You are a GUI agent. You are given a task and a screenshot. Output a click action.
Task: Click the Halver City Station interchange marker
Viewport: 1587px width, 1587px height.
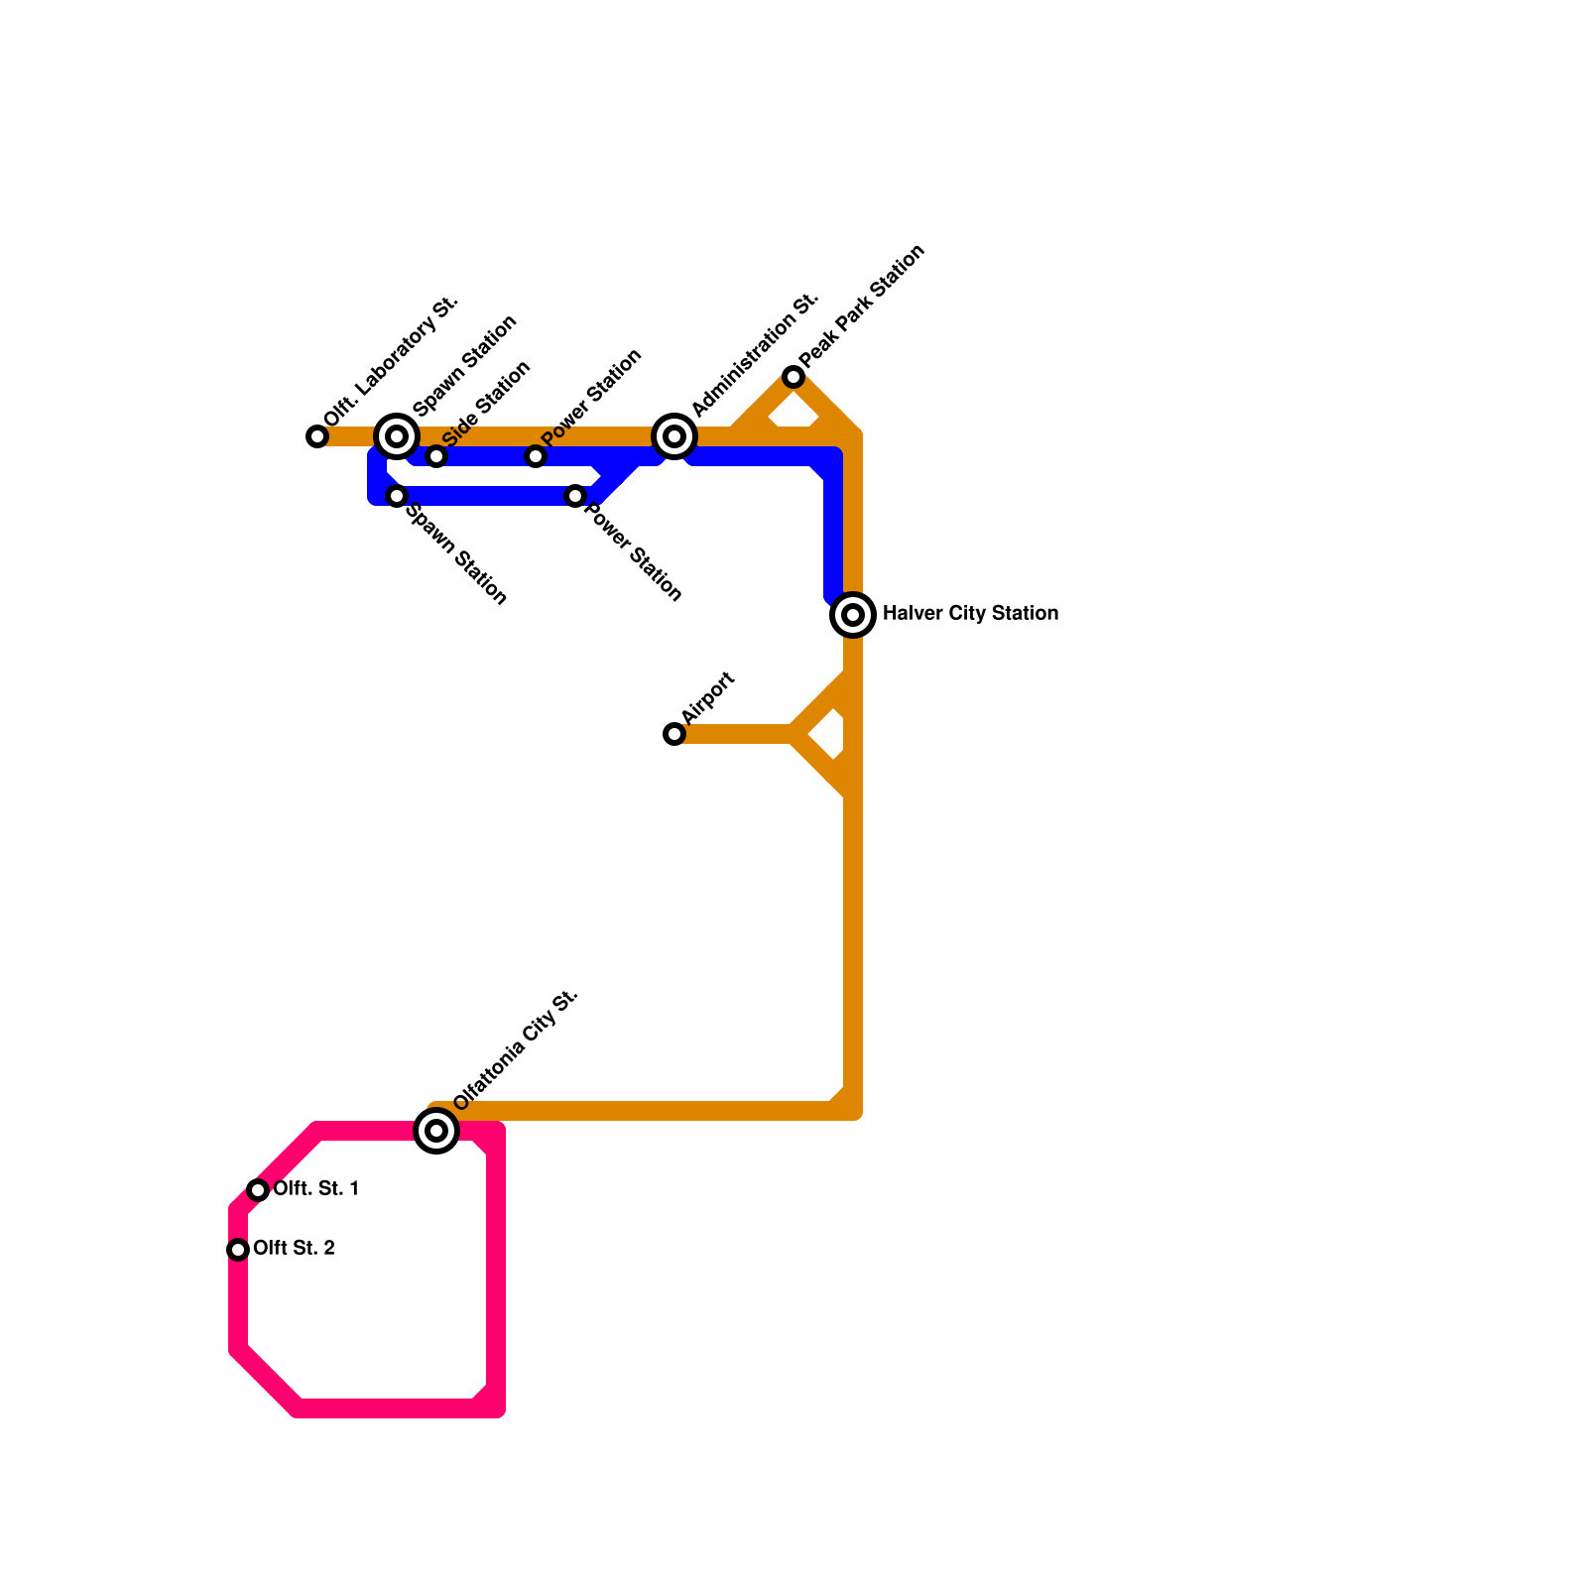[x=853, y=615]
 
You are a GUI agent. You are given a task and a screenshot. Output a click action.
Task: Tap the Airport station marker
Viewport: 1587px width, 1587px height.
[x=674, y=734]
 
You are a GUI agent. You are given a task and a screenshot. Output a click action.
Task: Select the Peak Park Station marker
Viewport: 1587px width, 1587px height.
[x=793, y=377]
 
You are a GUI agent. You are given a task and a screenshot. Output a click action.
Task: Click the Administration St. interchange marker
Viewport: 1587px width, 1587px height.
[x=674, y=436]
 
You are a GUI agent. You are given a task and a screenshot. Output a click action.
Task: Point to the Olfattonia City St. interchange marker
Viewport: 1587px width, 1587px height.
[x=436, y=1131]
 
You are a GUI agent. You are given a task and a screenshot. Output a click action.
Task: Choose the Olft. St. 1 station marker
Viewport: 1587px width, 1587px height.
[x=258, y=1190]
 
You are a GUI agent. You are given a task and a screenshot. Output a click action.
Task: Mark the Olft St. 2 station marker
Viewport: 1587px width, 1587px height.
[x=238, y=1250]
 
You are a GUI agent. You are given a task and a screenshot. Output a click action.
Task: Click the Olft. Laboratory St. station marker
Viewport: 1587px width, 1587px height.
[x=317, y=436]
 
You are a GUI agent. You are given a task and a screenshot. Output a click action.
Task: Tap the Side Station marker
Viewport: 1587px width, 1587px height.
[x=436, y=456]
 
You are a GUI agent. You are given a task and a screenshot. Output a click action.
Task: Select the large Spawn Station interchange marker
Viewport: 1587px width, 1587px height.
[x=397, y=436]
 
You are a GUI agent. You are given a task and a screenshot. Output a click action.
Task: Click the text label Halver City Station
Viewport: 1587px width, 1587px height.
[x=970, y=614]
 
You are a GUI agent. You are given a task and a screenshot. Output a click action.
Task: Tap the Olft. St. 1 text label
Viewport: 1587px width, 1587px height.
[x=315, y=1189]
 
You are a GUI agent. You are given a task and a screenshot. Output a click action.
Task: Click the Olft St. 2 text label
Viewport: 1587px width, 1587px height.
[x=294, y=1249]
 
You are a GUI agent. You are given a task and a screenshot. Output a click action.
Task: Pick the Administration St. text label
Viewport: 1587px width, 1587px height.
[x=755, y=354]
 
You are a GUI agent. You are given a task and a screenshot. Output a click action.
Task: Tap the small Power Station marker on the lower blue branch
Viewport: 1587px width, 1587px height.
[x=575, y=496]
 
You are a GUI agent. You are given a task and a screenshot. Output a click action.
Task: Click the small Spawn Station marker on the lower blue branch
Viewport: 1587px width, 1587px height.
[x=397, y=496]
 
